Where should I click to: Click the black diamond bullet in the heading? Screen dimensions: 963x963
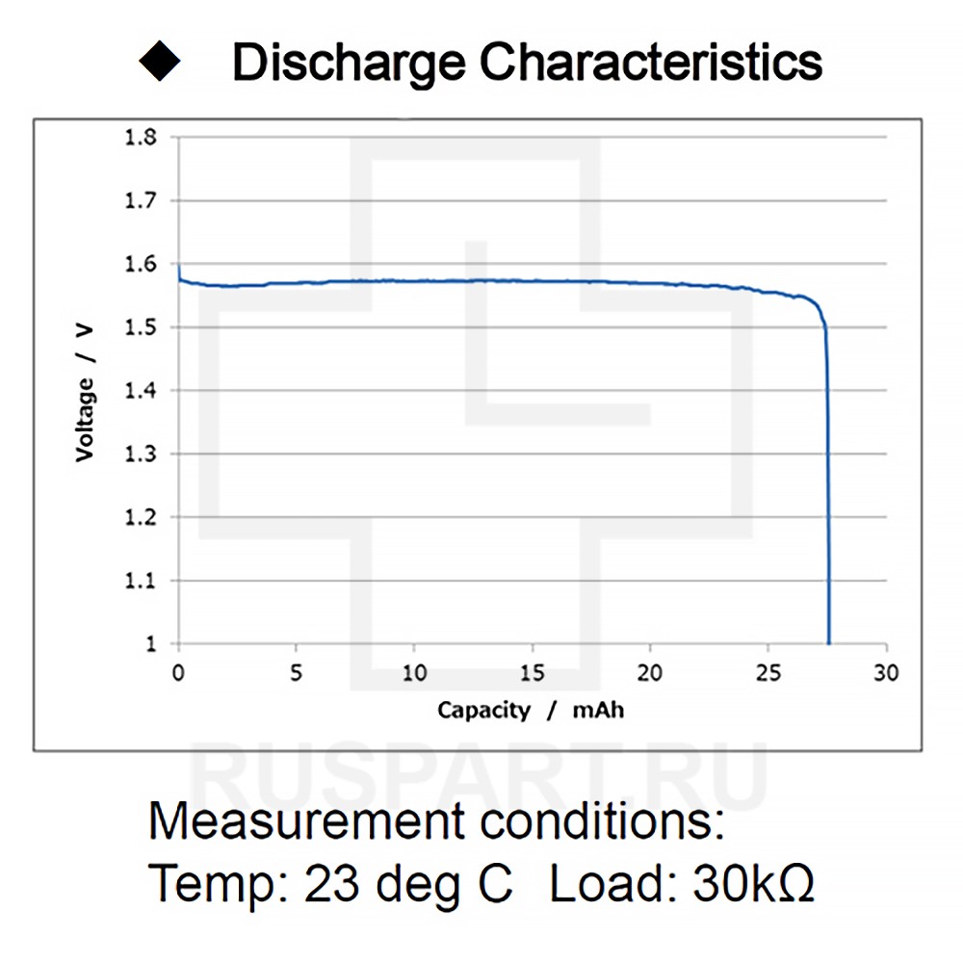160,61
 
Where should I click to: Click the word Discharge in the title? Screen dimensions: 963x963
350,62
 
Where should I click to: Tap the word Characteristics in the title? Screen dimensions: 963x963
651,62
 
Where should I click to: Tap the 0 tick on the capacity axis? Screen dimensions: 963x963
178,672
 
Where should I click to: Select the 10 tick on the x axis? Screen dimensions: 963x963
414,672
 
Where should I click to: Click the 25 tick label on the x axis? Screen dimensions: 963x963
768,672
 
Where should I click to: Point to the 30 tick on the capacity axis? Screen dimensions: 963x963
886,672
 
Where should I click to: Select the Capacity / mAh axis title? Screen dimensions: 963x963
531,711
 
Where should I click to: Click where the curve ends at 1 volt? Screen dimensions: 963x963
828,642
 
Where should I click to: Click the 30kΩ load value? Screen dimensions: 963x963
753,882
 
